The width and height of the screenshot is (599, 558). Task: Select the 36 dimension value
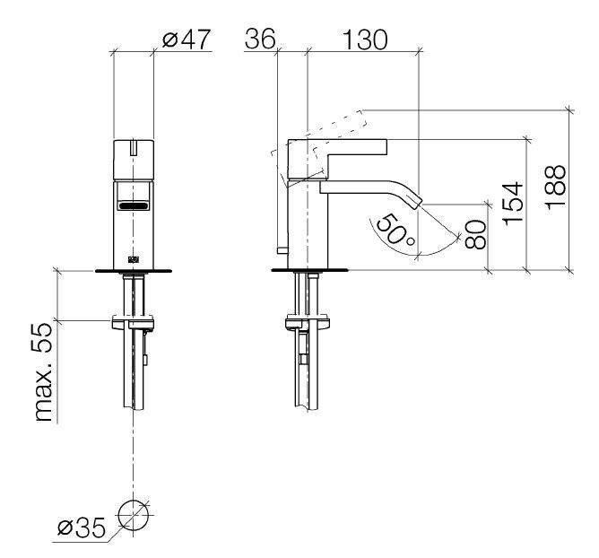point(261,39)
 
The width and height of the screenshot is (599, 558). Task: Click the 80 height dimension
point(475,235)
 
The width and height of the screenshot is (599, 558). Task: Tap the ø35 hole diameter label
point(81,527)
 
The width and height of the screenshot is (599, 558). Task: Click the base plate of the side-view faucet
point(310,268)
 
